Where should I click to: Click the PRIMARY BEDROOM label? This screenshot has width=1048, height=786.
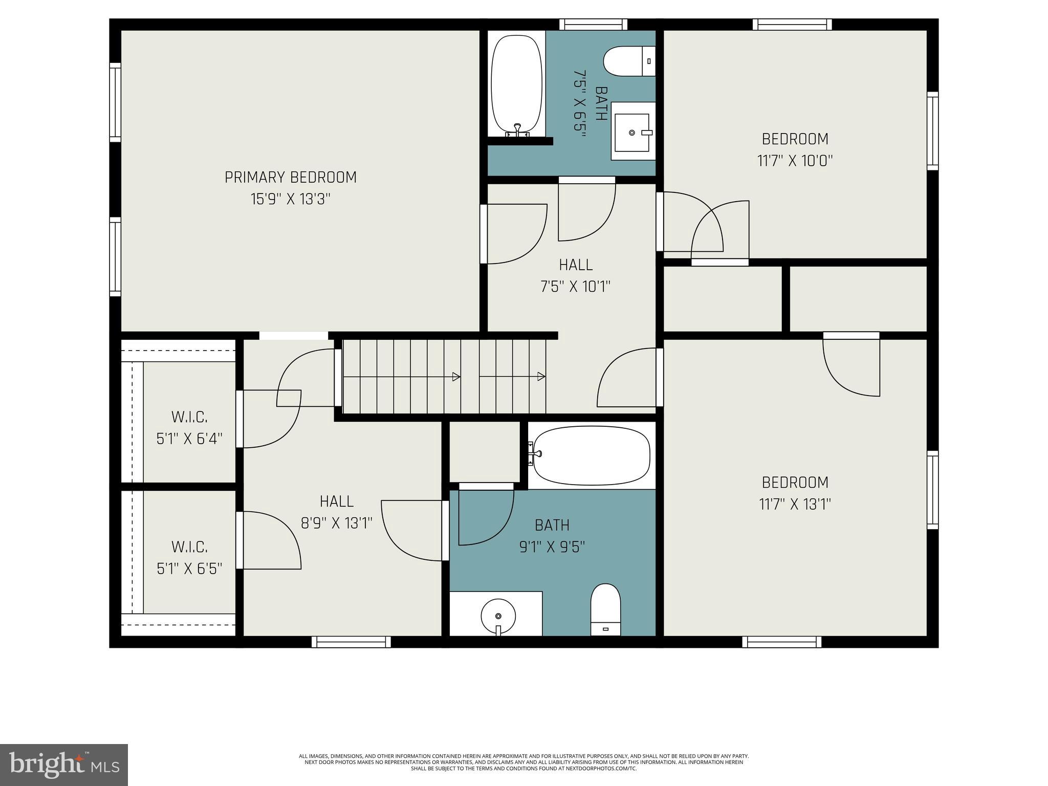click(x=291, y=177)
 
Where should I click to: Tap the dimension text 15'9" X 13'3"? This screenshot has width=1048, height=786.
click(x=291, y=199)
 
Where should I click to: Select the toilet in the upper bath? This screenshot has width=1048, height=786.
click(x=629, y=61)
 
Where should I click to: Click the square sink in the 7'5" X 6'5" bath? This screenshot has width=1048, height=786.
click(x=634, y=132)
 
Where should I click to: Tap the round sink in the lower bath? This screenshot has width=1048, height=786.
click(x=497, y=616)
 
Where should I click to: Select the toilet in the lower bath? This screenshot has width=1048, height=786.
click(x=605, y=609)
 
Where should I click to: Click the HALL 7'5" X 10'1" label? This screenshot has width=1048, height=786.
click(x=576, y=275)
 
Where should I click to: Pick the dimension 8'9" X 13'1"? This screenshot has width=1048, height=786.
click(x=336, y=523)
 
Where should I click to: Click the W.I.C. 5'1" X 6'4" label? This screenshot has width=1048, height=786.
click(x=189, y=428)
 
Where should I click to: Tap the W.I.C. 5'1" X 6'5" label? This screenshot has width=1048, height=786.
click(x=189, y=558)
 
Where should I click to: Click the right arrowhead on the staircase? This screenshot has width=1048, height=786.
click(x=541, y=377)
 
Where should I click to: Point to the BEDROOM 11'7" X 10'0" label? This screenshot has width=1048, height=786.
click(x=795, y=149)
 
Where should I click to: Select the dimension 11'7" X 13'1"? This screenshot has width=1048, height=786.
click(x=795, y=505)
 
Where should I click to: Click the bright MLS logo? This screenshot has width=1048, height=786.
click(x=64, y=765)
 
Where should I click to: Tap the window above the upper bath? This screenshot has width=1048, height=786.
click(x=593, y=24)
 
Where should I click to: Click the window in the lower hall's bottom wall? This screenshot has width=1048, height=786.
click(x=351, y=642)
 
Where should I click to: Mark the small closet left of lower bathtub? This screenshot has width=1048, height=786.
click(x=485, y=451)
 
